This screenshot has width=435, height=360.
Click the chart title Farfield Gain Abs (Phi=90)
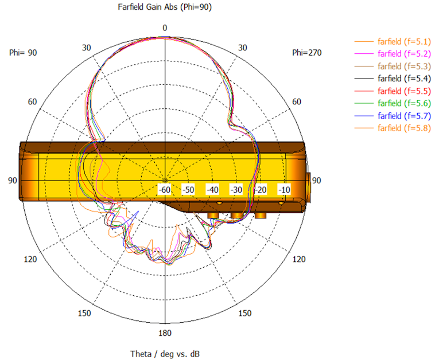click(165, 7)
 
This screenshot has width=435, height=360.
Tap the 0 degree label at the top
click(165, 28)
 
